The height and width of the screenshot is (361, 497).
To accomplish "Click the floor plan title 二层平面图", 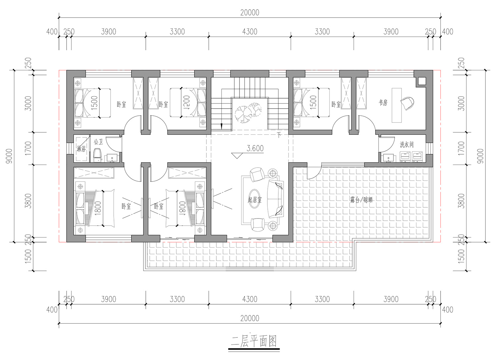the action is click(x=254, y=341).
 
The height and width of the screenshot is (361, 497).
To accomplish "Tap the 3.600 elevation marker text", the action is click(x=255, y=148).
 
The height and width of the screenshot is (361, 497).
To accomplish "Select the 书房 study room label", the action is click(x=383, y=103).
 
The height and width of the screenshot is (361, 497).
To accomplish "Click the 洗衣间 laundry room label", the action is click(x=407, y=145).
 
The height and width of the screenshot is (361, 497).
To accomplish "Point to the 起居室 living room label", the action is click(x=254, y=200).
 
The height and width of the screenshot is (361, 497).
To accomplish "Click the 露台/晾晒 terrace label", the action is click(x=361, y=200).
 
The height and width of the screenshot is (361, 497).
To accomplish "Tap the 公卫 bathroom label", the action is click(x=98, y=142).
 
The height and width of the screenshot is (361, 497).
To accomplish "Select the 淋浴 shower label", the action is click(x=81, y=149).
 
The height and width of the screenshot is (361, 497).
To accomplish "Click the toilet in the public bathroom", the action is click(x=97, y=155).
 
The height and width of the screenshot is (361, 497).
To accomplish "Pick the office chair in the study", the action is click(x=407, y=103).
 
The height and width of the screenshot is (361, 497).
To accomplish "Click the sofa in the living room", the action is click(x=275, y=199).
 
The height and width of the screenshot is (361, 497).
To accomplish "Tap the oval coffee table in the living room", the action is click(x=254, y=199).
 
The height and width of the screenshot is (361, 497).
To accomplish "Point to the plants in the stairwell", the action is click(x=248, y=112).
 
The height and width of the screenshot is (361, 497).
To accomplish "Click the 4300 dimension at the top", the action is click(x=249, y=32).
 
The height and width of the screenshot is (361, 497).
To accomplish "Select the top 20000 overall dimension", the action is click(x=249, y=13).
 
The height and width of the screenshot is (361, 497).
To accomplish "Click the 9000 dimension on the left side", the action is click(x=9, y=156).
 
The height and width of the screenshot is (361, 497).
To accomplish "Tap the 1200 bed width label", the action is click(x=187, y=103).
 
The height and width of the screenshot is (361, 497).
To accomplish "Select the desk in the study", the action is click(x=397, y=105).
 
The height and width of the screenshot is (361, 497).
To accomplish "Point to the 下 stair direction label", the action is click(x=279, y=135).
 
